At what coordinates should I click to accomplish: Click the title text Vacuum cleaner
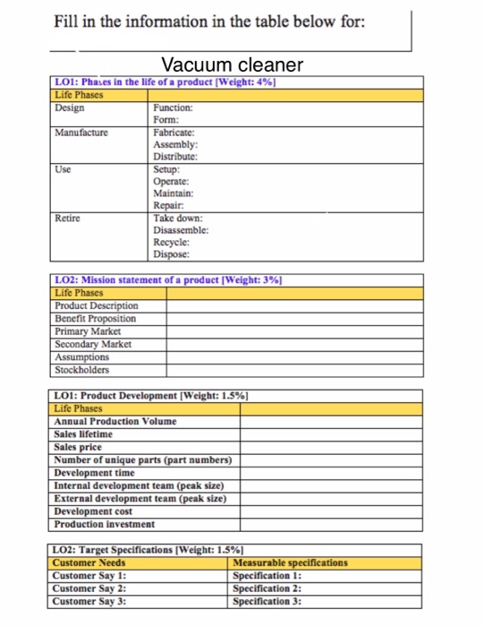(x=232, y=65)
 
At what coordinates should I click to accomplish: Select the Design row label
(x=70, y=107)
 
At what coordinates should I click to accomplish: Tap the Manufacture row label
(x=81, y=132)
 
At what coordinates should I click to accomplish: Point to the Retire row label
(x=67, y=218)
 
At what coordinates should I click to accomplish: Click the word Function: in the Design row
(x=174, y=107)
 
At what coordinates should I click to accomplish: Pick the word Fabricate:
(x=175, y=132)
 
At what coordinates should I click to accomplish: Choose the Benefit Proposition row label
(x=96, y=318)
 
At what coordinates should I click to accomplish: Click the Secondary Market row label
(x=93, y=343)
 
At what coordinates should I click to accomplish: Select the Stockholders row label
(x=82, y=369)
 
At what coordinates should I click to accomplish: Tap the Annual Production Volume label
(x=115, y=421)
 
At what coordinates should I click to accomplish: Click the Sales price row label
(x=79, y=447)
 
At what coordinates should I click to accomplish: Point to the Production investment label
(x=105, y=524)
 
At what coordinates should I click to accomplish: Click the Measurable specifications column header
(x=290, y=563)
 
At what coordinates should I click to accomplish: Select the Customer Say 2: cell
(x=90, y=588)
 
